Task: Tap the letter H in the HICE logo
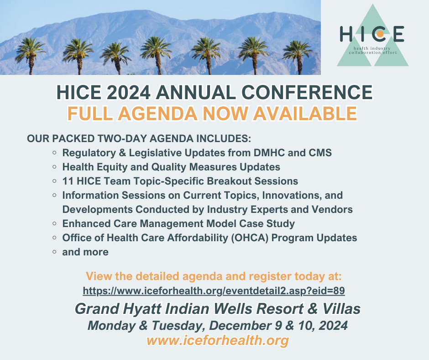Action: pos(346,34)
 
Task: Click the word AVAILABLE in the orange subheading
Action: pos(305,113)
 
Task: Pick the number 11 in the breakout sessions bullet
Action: pos(68,181)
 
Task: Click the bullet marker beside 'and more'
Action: pos(54,252)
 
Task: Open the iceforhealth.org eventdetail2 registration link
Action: pos(214,291)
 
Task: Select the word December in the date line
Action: pos(241,325)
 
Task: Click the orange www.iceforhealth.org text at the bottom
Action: pos(218,340)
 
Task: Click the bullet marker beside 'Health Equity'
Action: pos(54,167)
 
